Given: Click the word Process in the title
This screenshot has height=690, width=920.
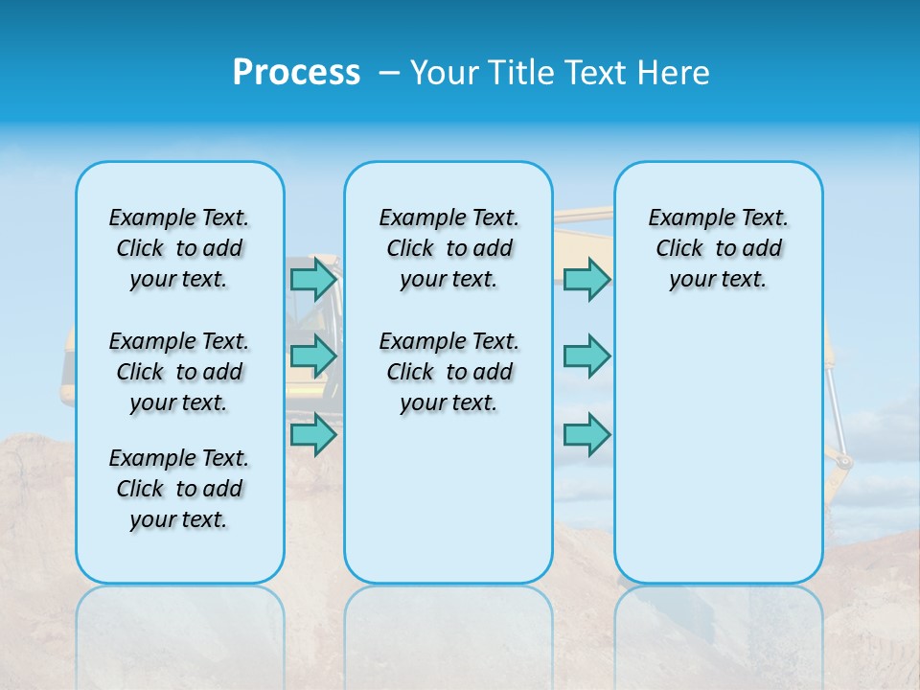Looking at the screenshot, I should (x=296, y=73).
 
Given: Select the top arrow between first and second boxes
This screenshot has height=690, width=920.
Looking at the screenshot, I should (x=313, y=280).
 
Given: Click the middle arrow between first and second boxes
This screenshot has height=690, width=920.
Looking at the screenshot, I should (x=313, y=356).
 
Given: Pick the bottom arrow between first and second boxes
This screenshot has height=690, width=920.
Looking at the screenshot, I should (x=313, y=435).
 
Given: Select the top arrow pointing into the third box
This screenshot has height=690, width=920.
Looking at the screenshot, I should (x=586, y=280).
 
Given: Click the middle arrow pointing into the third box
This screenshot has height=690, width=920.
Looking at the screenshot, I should (x=586, y=356).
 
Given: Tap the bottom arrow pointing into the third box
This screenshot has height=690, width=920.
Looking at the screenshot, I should (x=586, y=435).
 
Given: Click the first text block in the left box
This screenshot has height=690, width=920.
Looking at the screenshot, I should (x=179, y=248).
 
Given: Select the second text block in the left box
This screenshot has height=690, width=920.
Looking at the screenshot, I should (x=179, y=372).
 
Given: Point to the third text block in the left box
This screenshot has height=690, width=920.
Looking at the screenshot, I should (x=179, y=489).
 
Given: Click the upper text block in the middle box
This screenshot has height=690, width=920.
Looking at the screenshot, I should (x=448, y=248).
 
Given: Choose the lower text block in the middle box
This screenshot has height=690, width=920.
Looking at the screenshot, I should (x=448, y=372).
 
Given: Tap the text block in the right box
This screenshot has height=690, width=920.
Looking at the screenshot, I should (x=718, y=248).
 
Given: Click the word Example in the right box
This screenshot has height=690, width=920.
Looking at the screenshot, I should (x=683, y=218).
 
